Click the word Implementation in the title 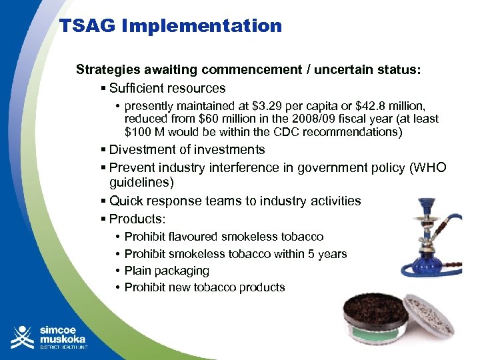[201, 27]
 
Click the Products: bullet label [137, 219]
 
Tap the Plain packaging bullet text [167, 271]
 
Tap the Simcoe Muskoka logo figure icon [23, 337]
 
